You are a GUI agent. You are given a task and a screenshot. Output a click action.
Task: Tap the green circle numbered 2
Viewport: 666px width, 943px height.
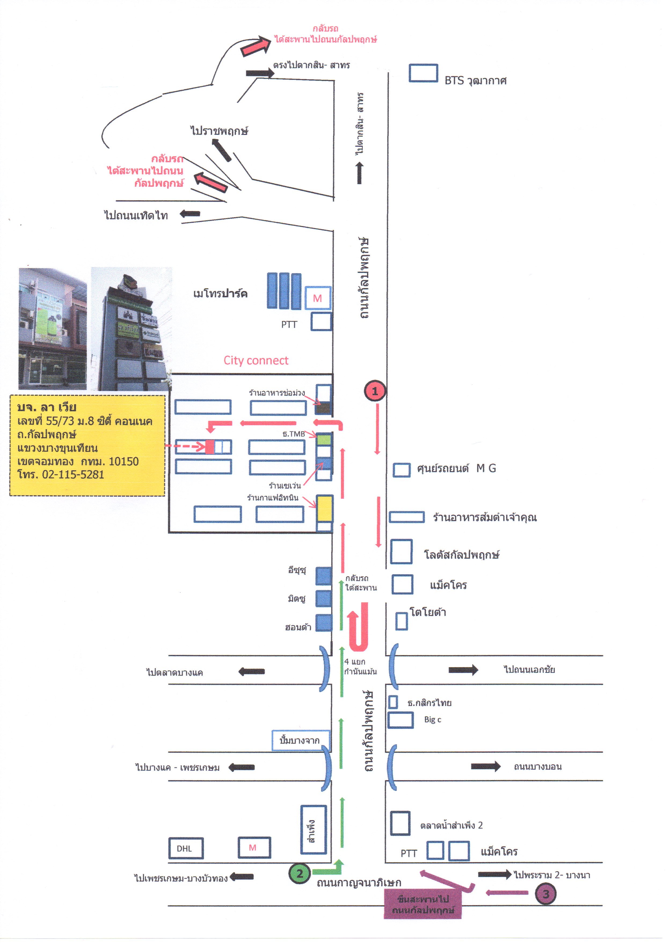pyautogui.click(x=300, y=874)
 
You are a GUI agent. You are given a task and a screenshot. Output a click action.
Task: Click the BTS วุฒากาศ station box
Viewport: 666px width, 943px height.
pyautogui.click(x=423, y=73)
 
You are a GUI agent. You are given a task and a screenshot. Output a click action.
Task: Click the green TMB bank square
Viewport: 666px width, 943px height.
pyautogui.click(x=324, y=439)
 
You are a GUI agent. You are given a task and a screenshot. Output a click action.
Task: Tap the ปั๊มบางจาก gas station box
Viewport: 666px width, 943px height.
pyautogui.click(x=300, y=740)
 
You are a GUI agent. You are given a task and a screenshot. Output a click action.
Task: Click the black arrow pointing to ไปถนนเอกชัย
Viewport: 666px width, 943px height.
pyautogui.click(x=463, y=670)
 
